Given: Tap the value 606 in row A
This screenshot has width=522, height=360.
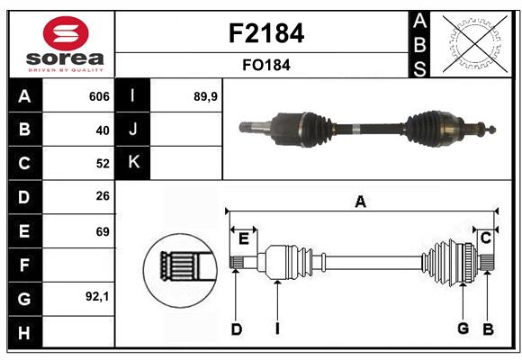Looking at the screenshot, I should pos(99,96).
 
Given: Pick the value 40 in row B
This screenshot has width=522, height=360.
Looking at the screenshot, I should pos(102,130).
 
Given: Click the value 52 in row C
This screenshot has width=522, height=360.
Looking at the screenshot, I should pos(102,164).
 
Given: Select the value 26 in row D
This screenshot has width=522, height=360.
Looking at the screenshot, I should pos(102,197).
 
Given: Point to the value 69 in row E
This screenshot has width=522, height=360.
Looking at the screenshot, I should pos(102,231).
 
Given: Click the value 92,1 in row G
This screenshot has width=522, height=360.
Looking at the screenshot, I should pos(97,297).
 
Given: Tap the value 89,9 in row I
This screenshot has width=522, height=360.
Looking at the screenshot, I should pos(206,96).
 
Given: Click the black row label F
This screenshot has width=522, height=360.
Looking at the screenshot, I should pos(23,265).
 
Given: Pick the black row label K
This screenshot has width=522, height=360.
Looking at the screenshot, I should pos(132,163).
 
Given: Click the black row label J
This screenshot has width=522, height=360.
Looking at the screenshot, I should pos(132,130).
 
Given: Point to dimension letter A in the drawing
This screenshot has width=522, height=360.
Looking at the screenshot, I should pos(360,202).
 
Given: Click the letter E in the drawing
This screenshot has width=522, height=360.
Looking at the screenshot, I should pos(243,238).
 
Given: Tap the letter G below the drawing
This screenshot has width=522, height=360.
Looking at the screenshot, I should pos(463,328).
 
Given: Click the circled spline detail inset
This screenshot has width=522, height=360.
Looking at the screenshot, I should pos(178,267).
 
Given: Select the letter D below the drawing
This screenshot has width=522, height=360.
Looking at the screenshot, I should pos(236,329).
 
